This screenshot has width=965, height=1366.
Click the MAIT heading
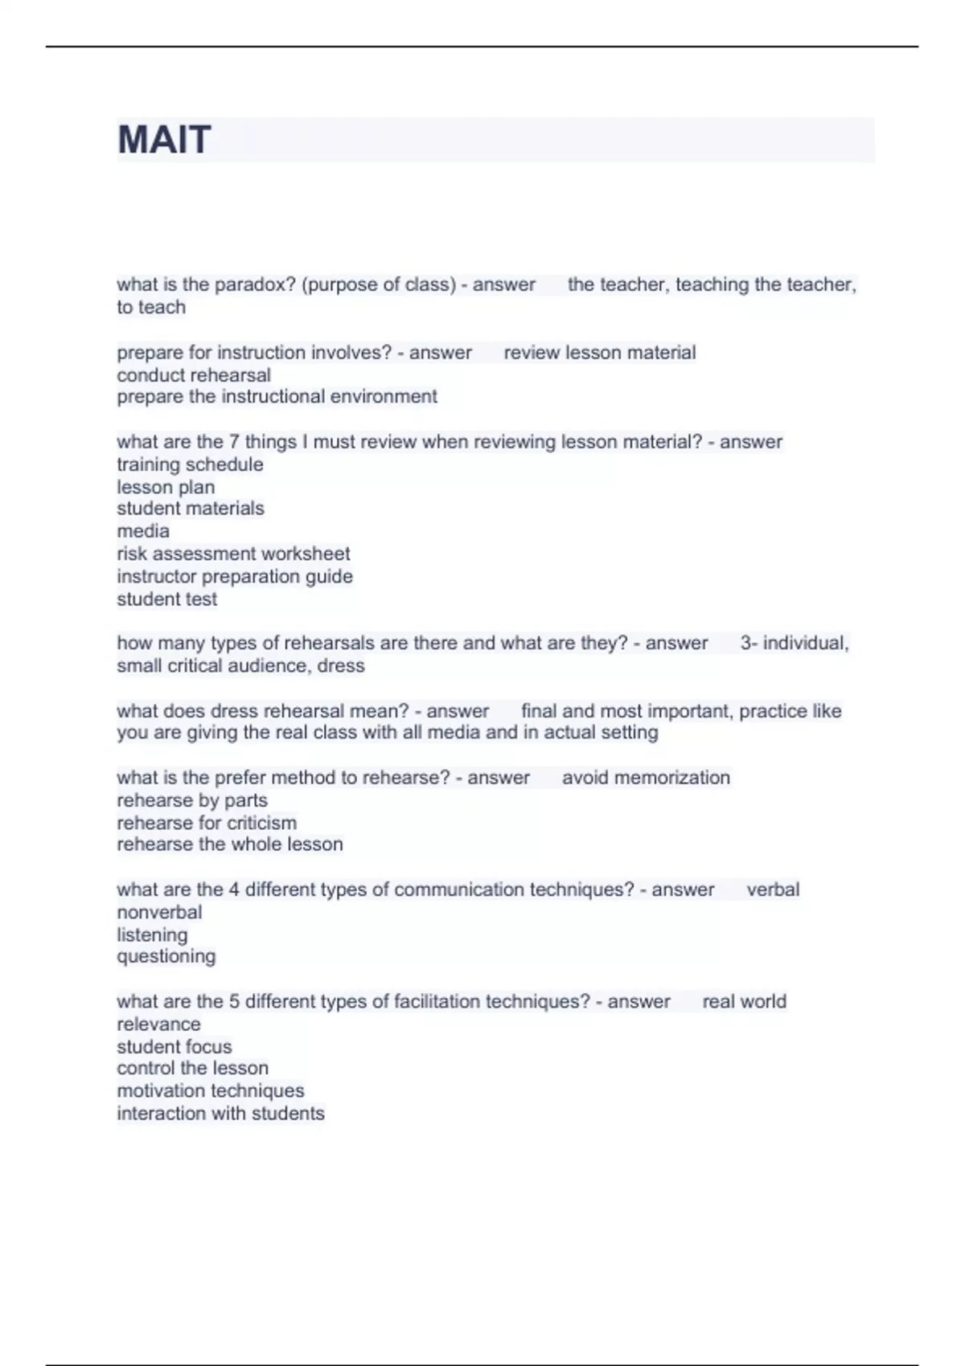[164, 140]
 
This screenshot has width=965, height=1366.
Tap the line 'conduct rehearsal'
[194, 375]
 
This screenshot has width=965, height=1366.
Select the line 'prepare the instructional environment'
[277, 397]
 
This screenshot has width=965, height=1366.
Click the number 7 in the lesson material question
[235, 442]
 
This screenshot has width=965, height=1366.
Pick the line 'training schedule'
[190, 464]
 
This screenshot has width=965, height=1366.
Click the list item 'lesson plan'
[166, 487]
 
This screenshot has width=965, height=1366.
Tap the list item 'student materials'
[191, 509]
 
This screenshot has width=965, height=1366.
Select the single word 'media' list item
[143, 531]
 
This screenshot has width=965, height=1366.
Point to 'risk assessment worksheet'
[233, 554]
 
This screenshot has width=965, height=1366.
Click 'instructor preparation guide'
[235, 576]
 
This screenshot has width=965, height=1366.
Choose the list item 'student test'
[167, 599]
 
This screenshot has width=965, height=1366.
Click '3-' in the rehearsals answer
[748, 644]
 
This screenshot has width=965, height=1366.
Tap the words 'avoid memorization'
[646, 778]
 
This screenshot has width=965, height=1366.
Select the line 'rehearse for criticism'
[207, 823]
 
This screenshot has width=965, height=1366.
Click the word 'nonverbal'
[159, 913]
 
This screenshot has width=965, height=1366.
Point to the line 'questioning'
[166, 957]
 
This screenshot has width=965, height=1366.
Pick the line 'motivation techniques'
[211, 1091]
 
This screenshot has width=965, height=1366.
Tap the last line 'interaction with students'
[220, 1114]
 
